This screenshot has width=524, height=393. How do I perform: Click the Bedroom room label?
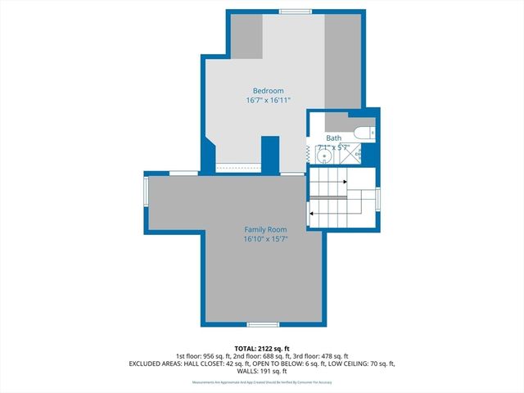tap(268, 90)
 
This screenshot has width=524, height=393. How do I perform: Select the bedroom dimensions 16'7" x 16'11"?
tap(268, 100)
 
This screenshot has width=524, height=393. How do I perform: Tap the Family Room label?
tap(265, 230)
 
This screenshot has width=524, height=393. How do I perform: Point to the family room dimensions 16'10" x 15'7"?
tap(265, 240)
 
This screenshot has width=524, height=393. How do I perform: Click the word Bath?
tap(334, 138)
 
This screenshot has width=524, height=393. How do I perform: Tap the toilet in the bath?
tap(364, 133)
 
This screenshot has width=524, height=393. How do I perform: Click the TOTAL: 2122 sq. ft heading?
tap(262, 349)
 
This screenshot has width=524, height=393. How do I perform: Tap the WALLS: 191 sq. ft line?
tap(262, 372)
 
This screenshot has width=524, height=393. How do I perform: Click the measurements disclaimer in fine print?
tap(262, 382)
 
